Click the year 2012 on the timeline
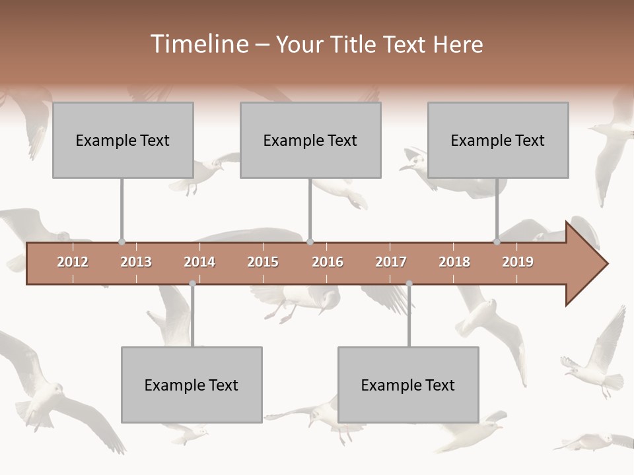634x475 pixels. (73, 262)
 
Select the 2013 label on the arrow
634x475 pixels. (136, 262)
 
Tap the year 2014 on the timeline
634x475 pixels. (199, 262)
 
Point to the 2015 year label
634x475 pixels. (263, 262)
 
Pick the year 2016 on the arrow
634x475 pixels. (328, 262)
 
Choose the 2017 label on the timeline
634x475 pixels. (391, 262)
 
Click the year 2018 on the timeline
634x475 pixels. (454, 262)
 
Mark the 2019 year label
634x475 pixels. (518, 262)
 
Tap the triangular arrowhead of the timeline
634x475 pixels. (585, 264)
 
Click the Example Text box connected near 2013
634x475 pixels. (123, 140)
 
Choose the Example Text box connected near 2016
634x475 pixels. (310, 140)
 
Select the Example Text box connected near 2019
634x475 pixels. (498, 140)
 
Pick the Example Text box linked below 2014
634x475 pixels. (192, 385)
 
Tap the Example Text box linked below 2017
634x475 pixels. (408, 385)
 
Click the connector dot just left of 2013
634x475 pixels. (122, 242)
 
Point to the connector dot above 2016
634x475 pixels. (310, 242)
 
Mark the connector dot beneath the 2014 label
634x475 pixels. (192, 284)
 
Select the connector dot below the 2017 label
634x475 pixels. (409, 284)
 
